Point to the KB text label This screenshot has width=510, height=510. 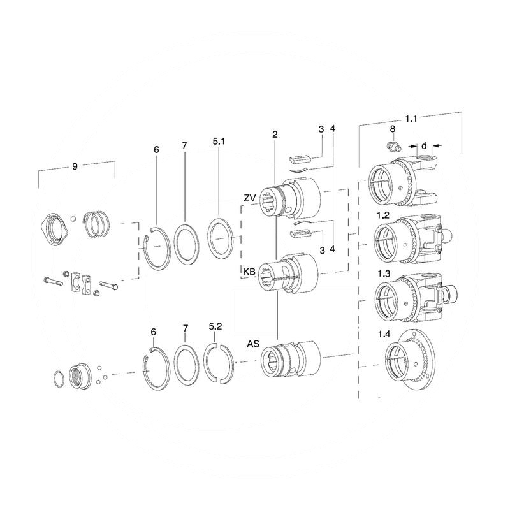249,272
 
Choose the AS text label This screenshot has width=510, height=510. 252,344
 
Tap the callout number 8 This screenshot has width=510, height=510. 393,129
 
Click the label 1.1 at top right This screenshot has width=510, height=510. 412,119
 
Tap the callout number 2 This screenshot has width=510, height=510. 274,135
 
